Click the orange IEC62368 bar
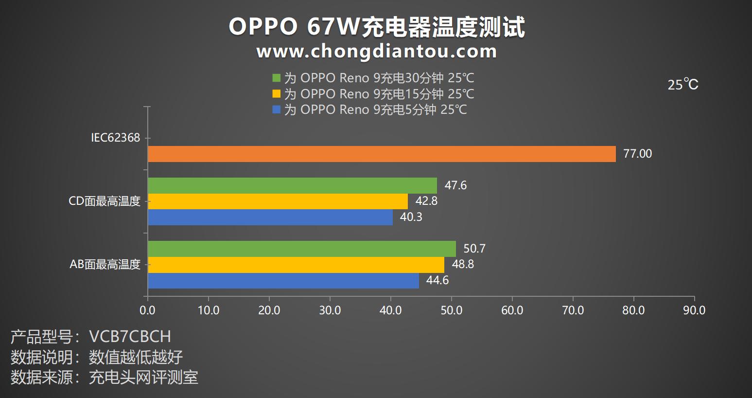[382, 154]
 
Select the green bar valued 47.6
[292, 185]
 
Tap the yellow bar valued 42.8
[278, 201]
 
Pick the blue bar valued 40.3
[270, 217]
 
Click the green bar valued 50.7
[302, 249]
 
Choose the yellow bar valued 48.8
[296, 265]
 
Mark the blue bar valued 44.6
[283, 281]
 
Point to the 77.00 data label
[637, 154]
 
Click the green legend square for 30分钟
[277, 78]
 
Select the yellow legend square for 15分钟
[277, 94]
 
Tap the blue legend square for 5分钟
[277, 109]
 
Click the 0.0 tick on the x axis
[148, 310]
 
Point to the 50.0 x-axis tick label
[451, 310]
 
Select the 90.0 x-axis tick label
[694, 310]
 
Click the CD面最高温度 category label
[105, 201]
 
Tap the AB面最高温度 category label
[105, 265]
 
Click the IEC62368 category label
[115, 138]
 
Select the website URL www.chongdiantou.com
[377, 51]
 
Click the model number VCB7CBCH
[130, 337]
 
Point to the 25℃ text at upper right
[683, 85]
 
